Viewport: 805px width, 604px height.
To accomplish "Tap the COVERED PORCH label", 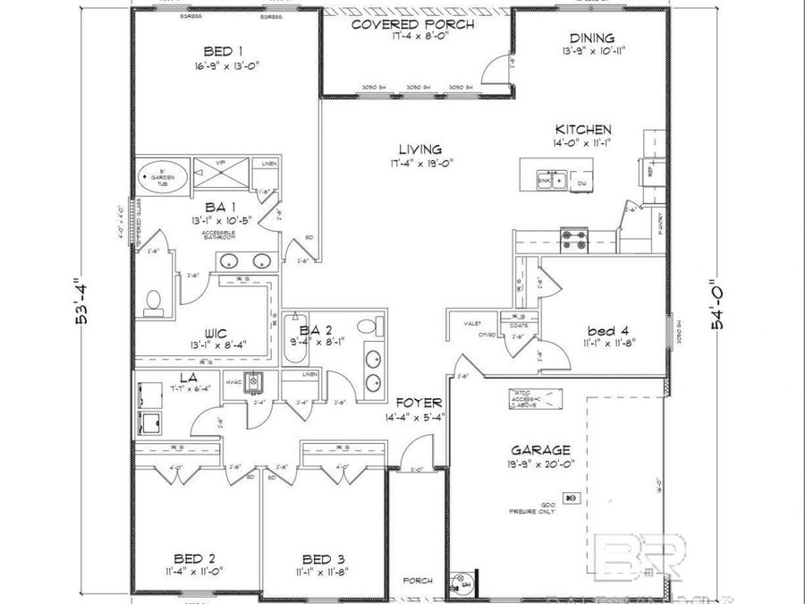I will coord(411,24).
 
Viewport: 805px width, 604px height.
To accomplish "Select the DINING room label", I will coord(592,38).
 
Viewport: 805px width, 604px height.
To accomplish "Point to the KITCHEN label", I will coord(583,130).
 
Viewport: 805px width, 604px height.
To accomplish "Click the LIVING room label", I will coord(420,149).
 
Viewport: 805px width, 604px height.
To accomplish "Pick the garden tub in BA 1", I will coord(162,176).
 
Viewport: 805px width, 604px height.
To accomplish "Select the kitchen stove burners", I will coord(572,238).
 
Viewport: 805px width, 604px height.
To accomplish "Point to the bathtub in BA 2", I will coord(292,338).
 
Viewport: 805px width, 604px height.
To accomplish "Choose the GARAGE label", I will coord(540,451).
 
